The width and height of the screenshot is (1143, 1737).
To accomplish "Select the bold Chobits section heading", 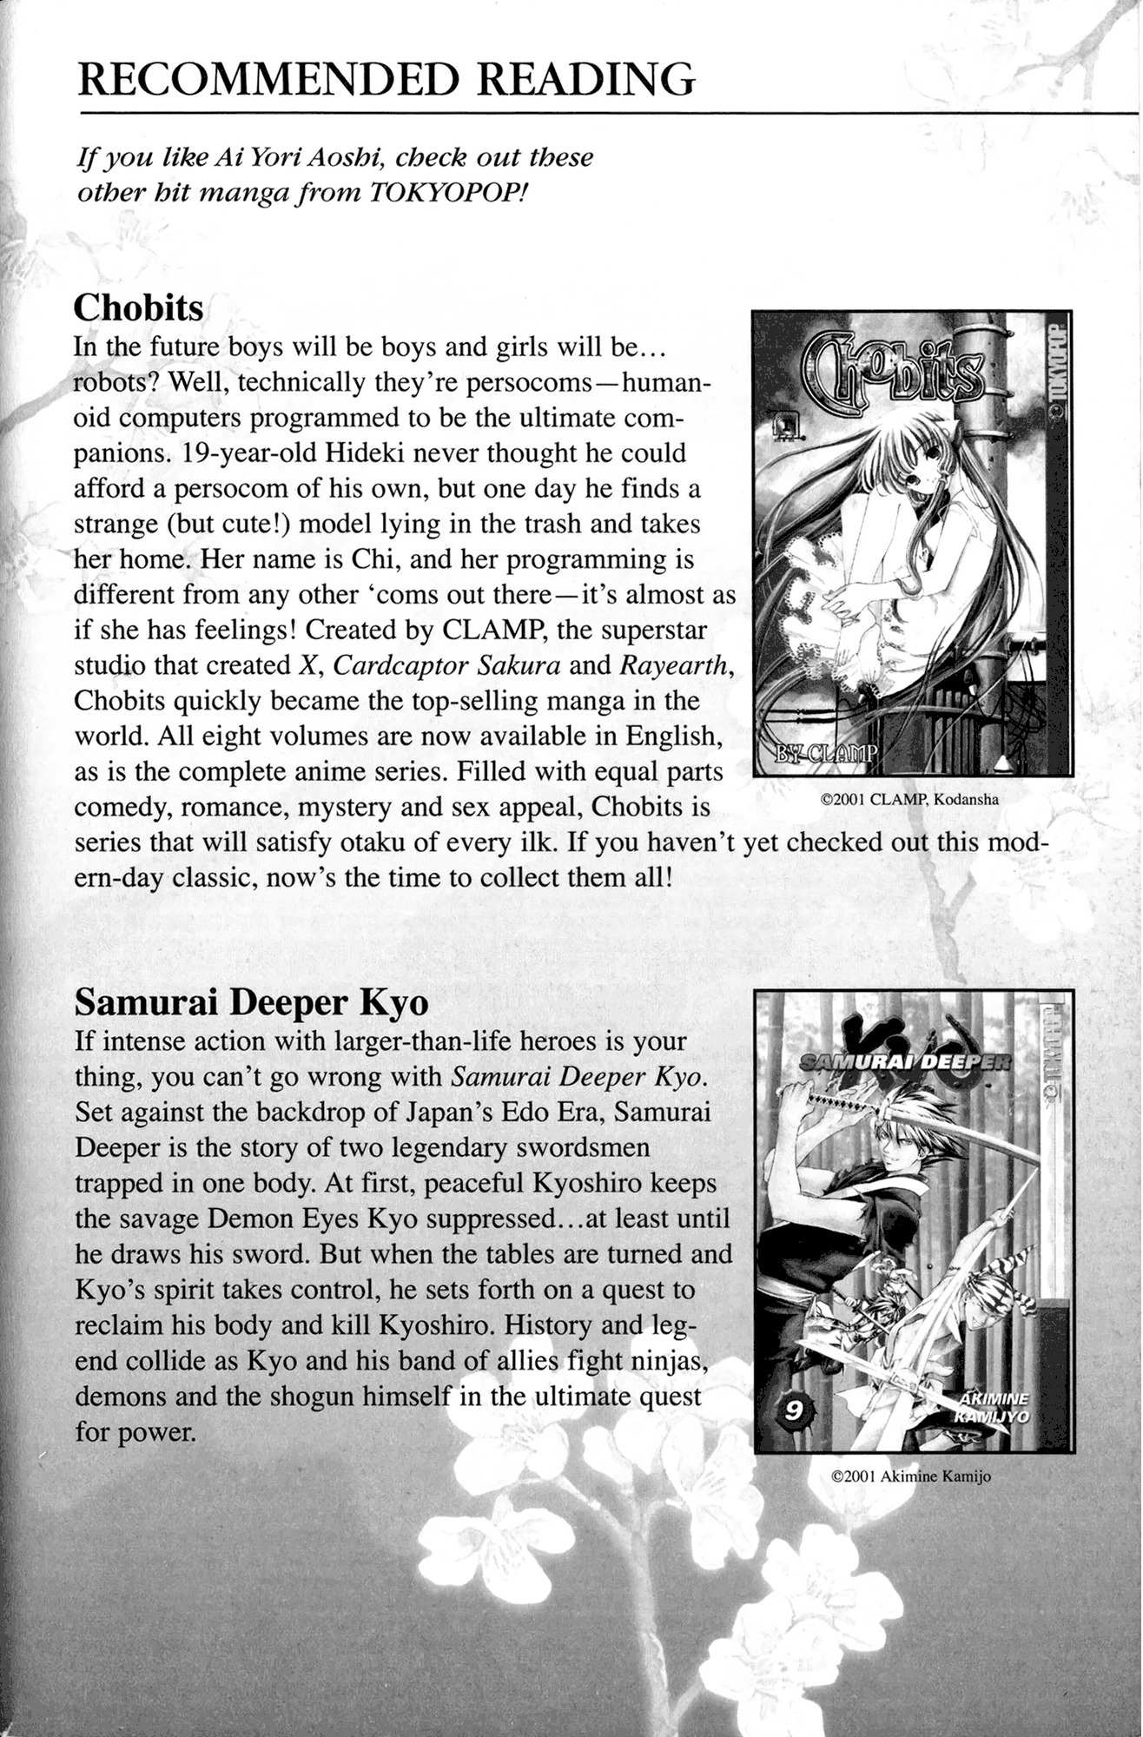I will [x=139, y=307].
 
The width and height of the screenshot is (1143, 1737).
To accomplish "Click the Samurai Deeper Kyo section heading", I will [x=252, y=1002].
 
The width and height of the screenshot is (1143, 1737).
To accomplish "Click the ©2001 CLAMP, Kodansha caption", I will [x=910, y=800].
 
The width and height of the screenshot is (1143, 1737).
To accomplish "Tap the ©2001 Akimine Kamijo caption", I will [x=911, y=1476].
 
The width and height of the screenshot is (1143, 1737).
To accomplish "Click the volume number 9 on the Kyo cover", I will [x=793, y=1412].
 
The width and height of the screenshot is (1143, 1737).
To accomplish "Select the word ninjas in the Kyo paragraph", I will [x=673, y=1360].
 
